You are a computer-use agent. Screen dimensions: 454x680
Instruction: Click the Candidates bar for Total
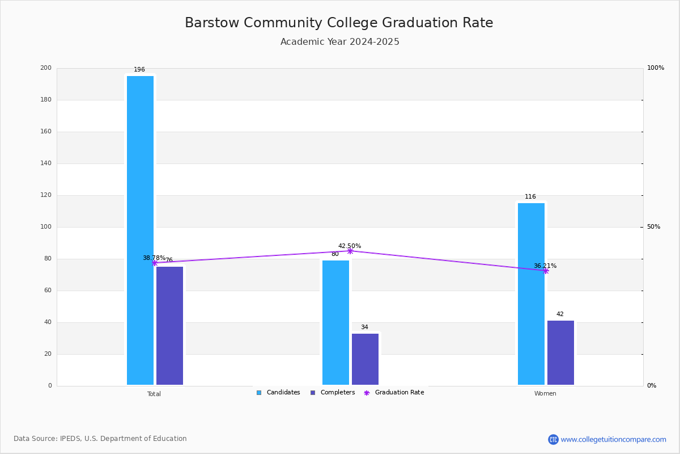coord(140,230)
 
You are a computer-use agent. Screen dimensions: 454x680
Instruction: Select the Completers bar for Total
coord(169,325)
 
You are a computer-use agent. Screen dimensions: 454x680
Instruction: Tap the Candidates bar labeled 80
coord(335,322)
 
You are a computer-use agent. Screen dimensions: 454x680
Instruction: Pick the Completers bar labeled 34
coord(365,359)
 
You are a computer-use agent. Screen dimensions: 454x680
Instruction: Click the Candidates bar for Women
coord(531,293)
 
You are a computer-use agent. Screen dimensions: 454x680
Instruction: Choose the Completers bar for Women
coord(560,352)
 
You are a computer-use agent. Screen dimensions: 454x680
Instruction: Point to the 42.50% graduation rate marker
coord(350,251)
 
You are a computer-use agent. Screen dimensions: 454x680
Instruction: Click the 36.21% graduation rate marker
coord(546,271)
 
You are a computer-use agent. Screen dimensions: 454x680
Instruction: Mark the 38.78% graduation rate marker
coord(154,263)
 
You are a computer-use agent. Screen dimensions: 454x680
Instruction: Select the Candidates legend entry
coord(278,393)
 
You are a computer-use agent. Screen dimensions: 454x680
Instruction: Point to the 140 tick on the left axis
coord(45,163)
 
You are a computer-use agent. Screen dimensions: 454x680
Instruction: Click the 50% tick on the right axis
coord(653,227)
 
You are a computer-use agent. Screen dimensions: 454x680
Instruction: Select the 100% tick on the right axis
coord(655,68)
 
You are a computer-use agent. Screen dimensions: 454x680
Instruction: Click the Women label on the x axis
coord(545,394)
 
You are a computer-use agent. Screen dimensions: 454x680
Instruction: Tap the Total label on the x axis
coord(154,394)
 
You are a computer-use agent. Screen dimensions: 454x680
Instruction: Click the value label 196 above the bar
coord(139,70)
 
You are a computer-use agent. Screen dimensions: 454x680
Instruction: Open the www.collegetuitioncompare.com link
coord(613,439)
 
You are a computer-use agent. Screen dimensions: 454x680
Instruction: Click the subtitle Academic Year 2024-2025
coord(340,42)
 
